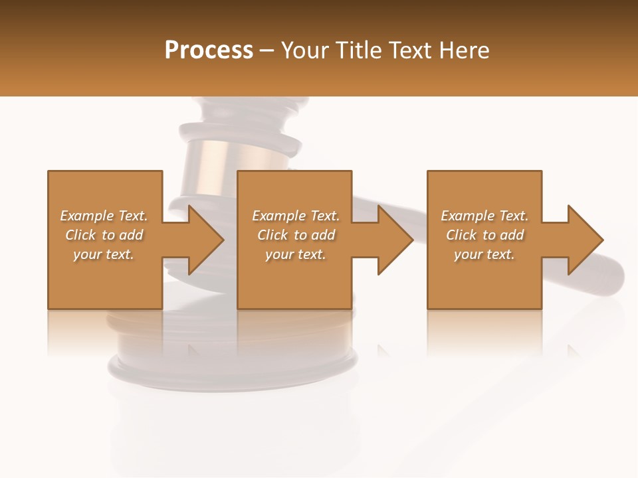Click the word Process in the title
(209, 50)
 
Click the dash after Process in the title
(267, 51)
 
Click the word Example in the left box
(86, 216)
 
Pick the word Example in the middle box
(278, 216)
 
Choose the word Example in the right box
(467, 216)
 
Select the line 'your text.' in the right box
(484, 254)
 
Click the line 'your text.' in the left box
(103, 254)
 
